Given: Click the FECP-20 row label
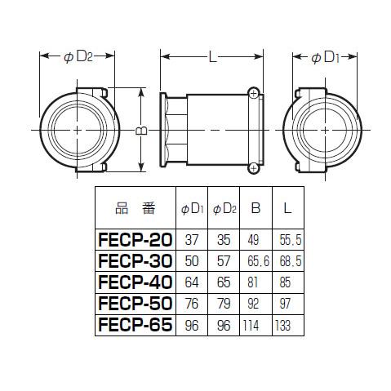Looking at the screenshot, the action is click(136, 240).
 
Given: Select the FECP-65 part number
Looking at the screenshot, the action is click(136, 325).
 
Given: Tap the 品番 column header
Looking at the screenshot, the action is click(136, 208).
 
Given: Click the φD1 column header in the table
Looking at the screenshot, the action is click(192, 209).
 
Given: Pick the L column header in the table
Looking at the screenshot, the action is click(287, 208).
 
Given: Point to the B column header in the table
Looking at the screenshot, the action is click(255, 208).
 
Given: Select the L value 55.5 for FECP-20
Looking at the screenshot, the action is click(291, 240).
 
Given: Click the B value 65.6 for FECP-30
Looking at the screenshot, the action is click(258, 261).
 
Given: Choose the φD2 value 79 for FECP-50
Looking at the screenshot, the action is click(224, 304).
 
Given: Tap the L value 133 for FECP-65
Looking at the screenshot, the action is click(282, 325).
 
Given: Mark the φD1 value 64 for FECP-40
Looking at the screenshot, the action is click(192, 282).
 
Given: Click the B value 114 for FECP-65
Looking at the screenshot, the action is click(251, 325).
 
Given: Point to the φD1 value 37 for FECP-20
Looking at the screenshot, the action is click(192, 240).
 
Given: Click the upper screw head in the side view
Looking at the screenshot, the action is click(253, 93).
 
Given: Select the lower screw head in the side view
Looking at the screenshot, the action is click(253, 168).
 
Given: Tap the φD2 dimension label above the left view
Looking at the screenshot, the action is click(78, 56).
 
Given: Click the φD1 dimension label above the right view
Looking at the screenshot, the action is click(325, 58).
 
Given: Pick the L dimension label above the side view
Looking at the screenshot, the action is click(212, 57).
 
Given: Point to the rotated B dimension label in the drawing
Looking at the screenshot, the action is click(141, 131).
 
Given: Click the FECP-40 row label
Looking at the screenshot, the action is click(136, 282).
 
